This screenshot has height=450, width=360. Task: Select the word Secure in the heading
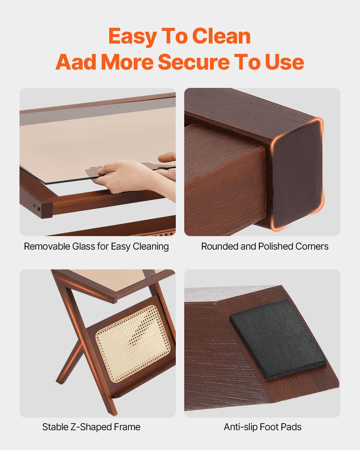(x=194, y=62)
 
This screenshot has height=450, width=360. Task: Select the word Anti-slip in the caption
(x=241, y=427)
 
